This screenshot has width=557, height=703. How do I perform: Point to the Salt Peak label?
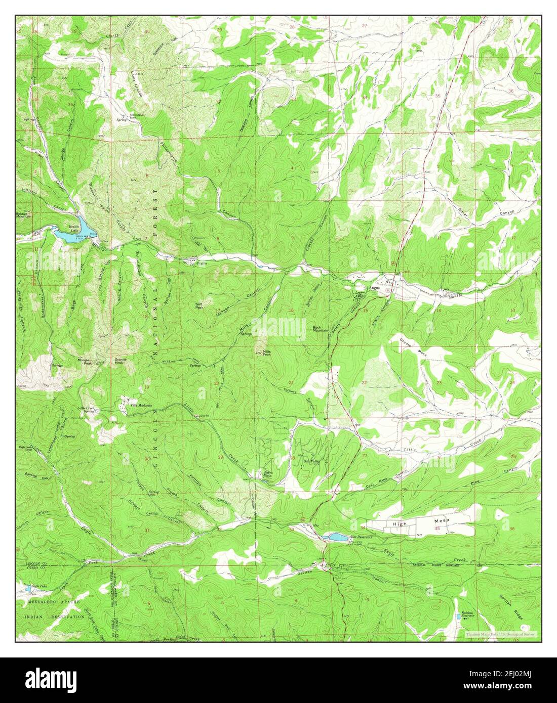coord(200,305)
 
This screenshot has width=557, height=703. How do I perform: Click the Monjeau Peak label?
coord(84,361)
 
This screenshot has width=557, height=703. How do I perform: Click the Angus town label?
coord(374,288)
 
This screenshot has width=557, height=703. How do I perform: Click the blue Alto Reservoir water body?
coord(337,537)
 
